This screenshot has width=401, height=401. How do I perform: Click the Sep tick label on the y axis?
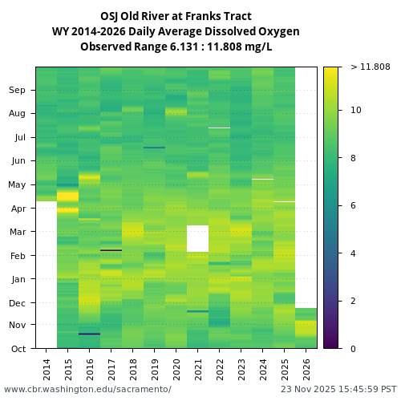point(18,90)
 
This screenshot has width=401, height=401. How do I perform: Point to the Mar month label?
point(18,232)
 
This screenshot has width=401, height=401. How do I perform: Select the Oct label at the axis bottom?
point(18,348)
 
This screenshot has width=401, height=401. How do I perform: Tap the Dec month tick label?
point(18,302)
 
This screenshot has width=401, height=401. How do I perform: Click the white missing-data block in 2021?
point(197,238)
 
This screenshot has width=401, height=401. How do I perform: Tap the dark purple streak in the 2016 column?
point(90,334)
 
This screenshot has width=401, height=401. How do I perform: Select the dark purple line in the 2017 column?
point(111,250)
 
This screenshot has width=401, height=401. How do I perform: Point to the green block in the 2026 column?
point(306,314)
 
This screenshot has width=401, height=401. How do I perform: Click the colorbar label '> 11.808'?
point(370,67)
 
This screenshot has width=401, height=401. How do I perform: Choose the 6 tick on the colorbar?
point(354,206)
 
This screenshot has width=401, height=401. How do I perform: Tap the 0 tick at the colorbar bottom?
point(354,348)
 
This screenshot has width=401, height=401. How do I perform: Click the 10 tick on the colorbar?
point(356,110)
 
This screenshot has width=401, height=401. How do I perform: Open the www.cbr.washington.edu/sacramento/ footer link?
point(87,389)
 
